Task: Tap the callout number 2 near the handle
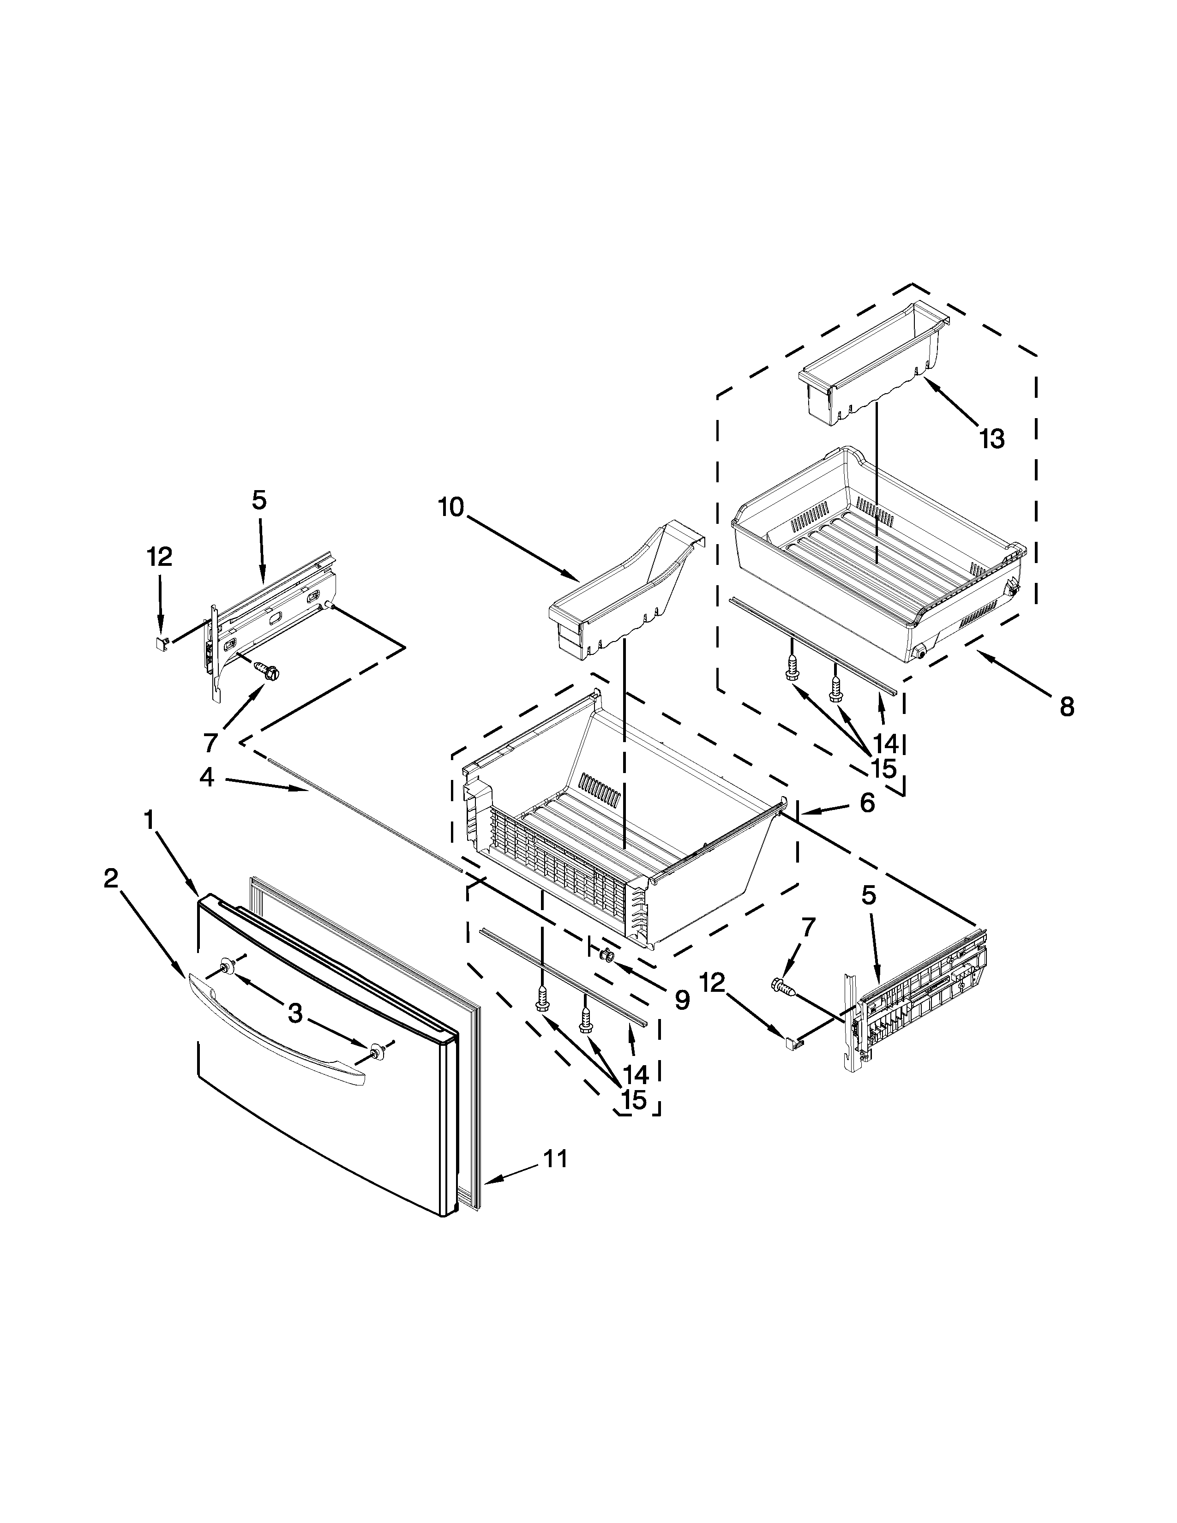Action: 111,879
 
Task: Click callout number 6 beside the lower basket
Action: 867,803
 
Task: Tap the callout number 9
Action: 681,1000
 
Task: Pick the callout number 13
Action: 991,438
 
